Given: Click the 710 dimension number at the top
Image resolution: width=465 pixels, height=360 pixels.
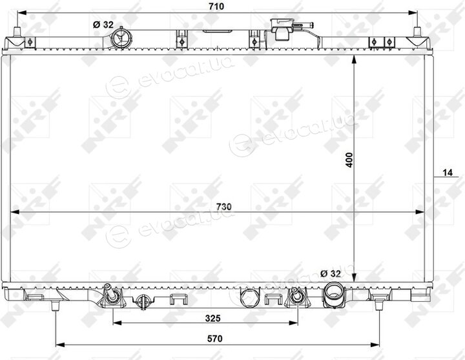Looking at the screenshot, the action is (x=216, y=6).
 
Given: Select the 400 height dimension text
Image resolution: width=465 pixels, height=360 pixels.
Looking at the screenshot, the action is (x=350, y=160).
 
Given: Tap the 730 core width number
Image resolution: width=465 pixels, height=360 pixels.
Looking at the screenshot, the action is (x=223, y=207).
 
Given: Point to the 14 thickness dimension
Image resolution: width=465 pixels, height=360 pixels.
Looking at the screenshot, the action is (x=448, y=172).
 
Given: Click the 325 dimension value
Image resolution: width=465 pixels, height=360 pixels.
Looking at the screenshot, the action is (x=212, y=319).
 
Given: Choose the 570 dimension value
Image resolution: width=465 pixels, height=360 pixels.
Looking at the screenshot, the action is (x=214, y=339).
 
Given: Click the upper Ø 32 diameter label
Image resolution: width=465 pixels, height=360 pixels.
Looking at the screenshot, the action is (x=103, y=25).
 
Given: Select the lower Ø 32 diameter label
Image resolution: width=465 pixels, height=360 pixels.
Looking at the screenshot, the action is (x=331, y=273).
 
